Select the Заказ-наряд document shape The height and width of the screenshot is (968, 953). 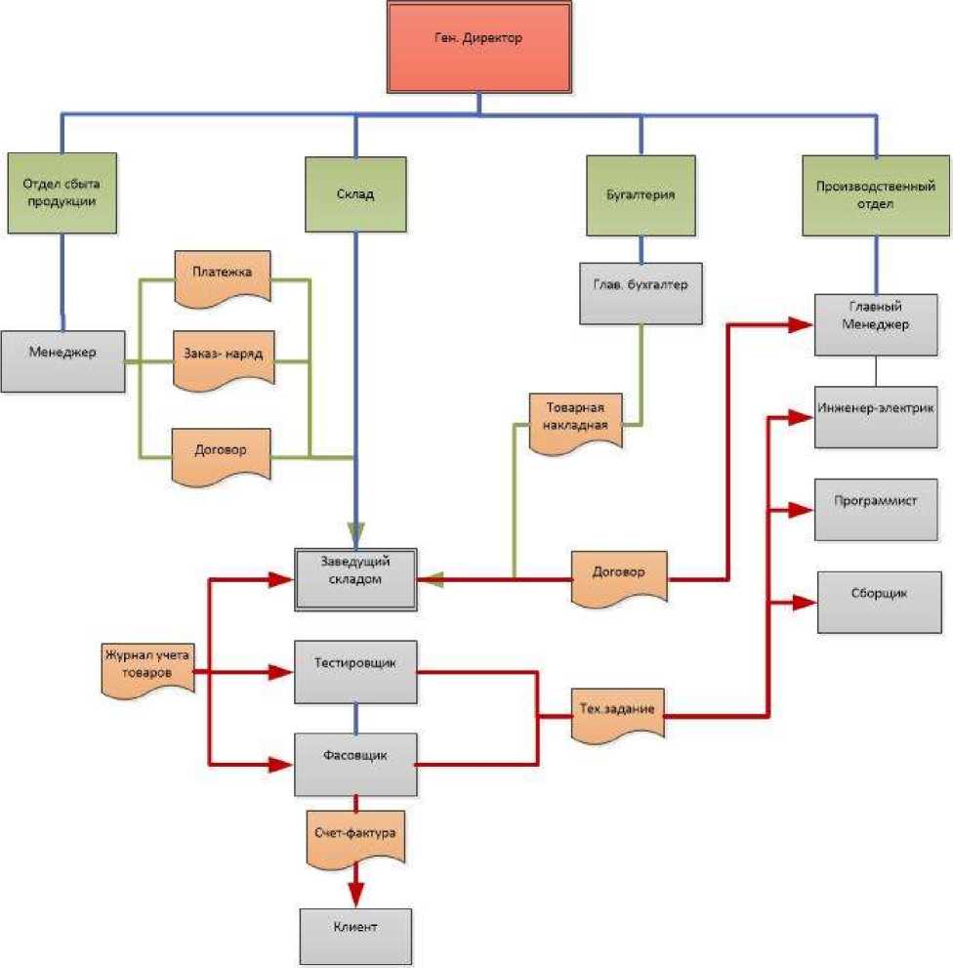(x=223, y=358)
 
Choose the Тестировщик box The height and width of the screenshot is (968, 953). (x=356, y=672)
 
